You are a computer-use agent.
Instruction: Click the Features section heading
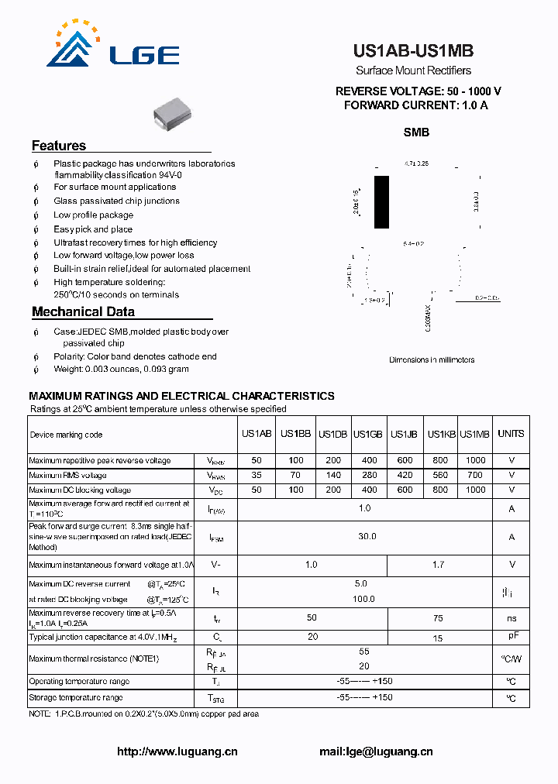(59, 146)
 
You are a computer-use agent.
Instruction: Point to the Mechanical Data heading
(83, 311)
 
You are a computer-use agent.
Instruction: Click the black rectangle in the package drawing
(381, 202)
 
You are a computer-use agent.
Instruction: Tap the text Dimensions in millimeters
(432, 359)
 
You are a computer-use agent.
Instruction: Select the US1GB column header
(368, 434)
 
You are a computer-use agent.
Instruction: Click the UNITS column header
(511, 434)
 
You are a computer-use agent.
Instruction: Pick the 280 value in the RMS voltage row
(369, 475)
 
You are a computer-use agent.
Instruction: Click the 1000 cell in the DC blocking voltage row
(475, 490)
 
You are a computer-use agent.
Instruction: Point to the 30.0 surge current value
(367, 536)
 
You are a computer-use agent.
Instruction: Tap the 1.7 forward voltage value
(438, 565)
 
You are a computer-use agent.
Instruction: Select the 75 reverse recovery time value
(438, 618)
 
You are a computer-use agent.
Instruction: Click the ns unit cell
(511, 619)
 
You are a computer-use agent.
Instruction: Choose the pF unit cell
(512, 636)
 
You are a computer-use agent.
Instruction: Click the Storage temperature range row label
(75, 698)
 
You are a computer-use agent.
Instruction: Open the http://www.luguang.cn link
(177, 751)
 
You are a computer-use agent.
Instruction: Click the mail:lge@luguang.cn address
(376, 751)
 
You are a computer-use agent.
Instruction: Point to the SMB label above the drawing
(416, 132)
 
